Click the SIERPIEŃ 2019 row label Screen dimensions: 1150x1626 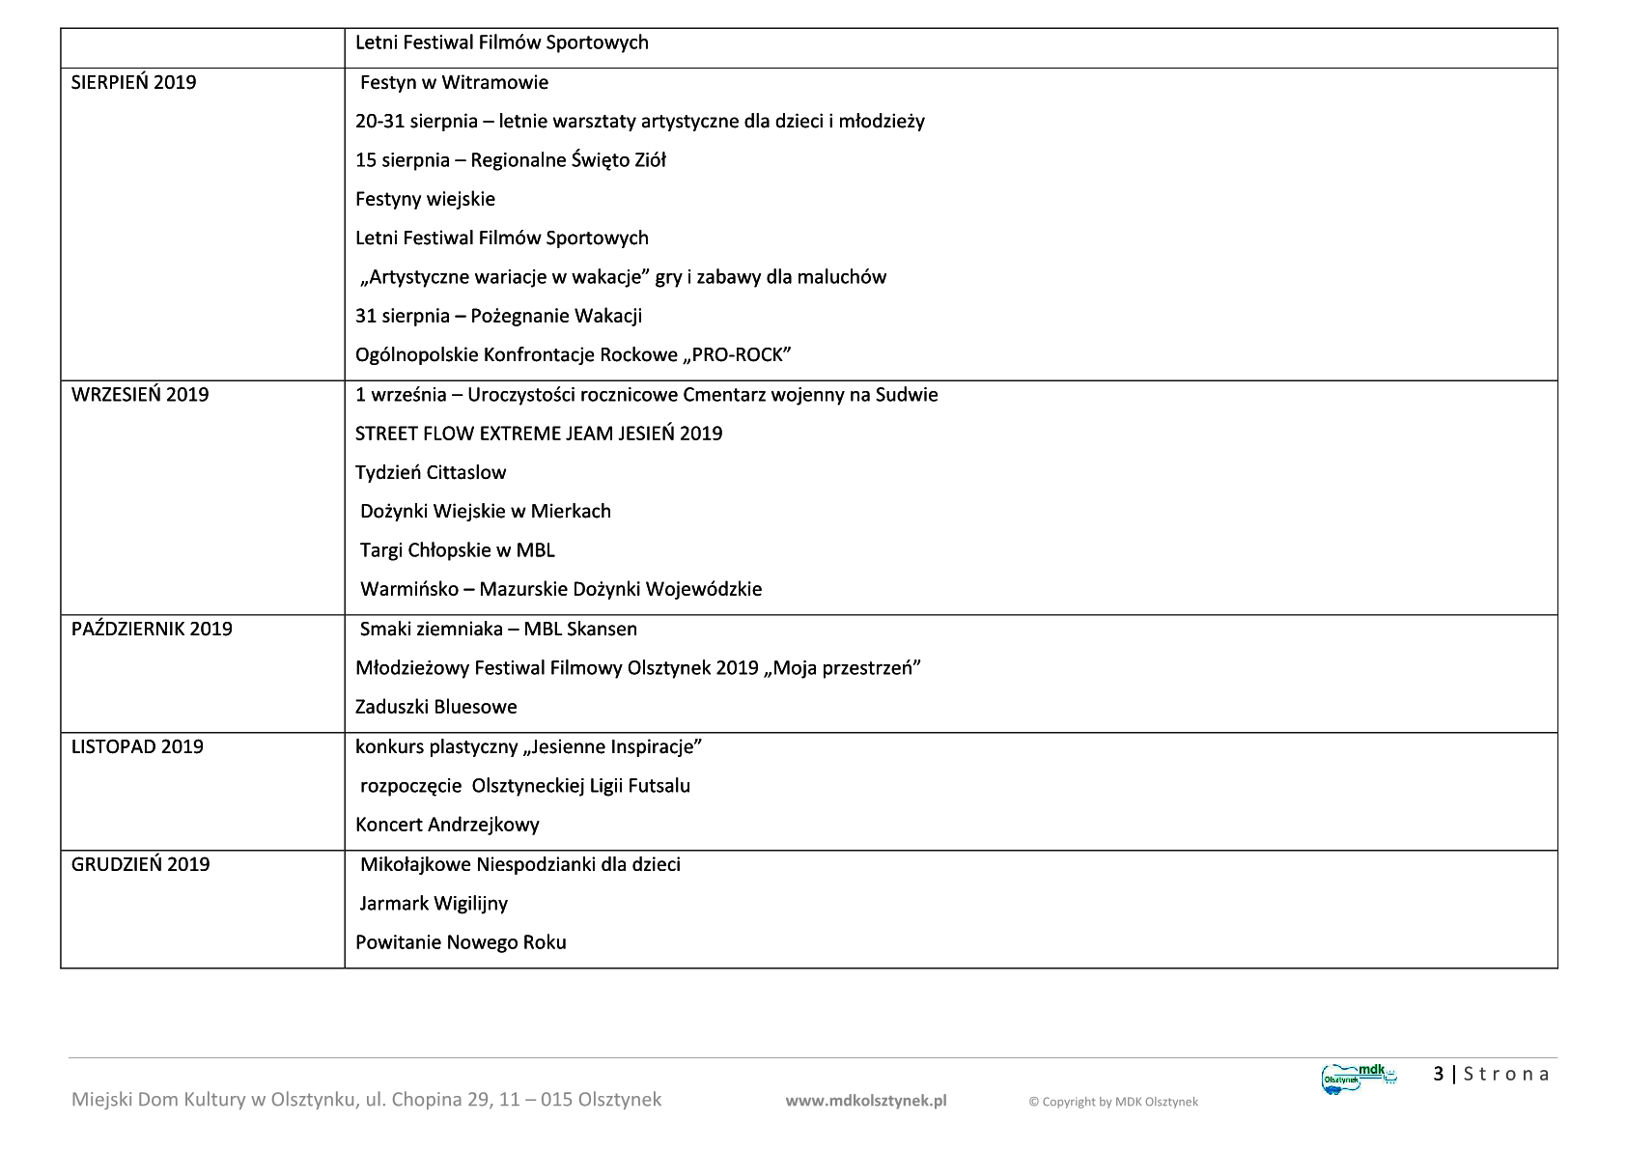133,82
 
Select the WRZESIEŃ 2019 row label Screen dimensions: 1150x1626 140,394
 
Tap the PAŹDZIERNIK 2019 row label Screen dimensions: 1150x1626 152,629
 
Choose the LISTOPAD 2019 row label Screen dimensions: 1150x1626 137,746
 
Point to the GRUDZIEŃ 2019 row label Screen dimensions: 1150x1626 140,864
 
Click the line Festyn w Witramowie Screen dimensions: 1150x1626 454,82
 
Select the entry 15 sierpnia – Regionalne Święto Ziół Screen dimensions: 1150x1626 510,160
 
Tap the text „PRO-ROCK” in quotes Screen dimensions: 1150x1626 737,355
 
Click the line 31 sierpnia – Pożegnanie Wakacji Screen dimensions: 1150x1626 498,316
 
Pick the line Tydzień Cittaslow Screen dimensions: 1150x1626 431,472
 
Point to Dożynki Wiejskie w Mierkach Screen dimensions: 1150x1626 485,511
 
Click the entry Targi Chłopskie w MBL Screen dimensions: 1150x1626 457,550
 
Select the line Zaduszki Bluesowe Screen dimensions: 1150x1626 435,707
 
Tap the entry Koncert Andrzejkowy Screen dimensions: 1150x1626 447,825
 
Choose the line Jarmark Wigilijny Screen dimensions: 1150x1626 434,904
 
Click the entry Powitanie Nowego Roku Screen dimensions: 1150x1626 461,942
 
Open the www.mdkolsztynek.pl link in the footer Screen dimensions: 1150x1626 865,1101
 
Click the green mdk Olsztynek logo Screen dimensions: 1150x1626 1359,1077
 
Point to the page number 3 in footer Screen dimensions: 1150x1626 1439,1074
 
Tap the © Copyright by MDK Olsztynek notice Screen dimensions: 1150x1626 1112,1102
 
